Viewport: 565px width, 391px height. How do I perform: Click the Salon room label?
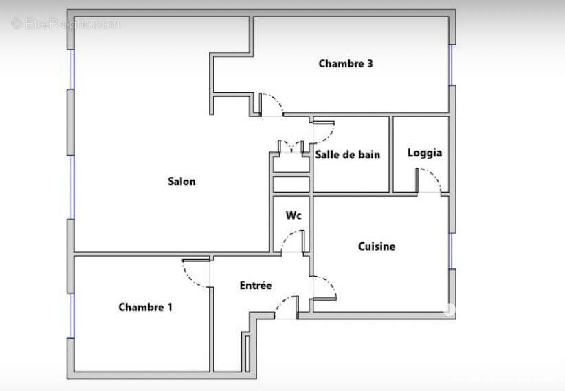point(181,181)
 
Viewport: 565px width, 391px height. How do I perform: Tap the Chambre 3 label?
point(346,63)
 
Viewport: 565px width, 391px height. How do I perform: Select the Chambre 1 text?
point(145,307)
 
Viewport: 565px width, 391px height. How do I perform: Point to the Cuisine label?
point(377,246)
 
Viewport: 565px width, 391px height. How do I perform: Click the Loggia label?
point(425,153)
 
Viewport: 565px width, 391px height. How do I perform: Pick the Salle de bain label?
point(348,154)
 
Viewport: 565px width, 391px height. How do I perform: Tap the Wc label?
point(293,215)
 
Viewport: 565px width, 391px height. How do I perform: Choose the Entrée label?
point(256,285)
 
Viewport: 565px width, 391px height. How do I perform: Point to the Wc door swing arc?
point(287,237)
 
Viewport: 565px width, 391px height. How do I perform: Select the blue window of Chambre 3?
point(450,65)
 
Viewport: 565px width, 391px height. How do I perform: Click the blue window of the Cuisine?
point(450,251)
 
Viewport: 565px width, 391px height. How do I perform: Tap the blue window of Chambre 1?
point(72,315)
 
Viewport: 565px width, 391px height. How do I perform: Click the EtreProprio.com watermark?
point(65,24)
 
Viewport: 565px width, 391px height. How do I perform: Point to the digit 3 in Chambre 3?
point(370,63)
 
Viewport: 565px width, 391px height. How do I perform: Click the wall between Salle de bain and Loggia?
point(391,154)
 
